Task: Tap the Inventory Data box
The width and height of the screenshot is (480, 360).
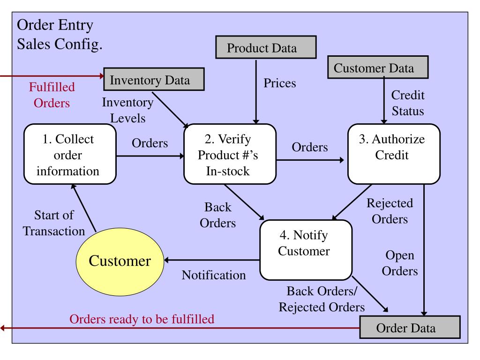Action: (153, 80)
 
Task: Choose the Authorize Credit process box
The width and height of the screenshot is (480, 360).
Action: (394, 154)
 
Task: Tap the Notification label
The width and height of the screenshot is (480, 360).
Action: (213, 275)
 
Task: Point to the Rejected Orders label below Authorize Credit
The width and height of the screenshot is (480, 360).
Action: (390, 211)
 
